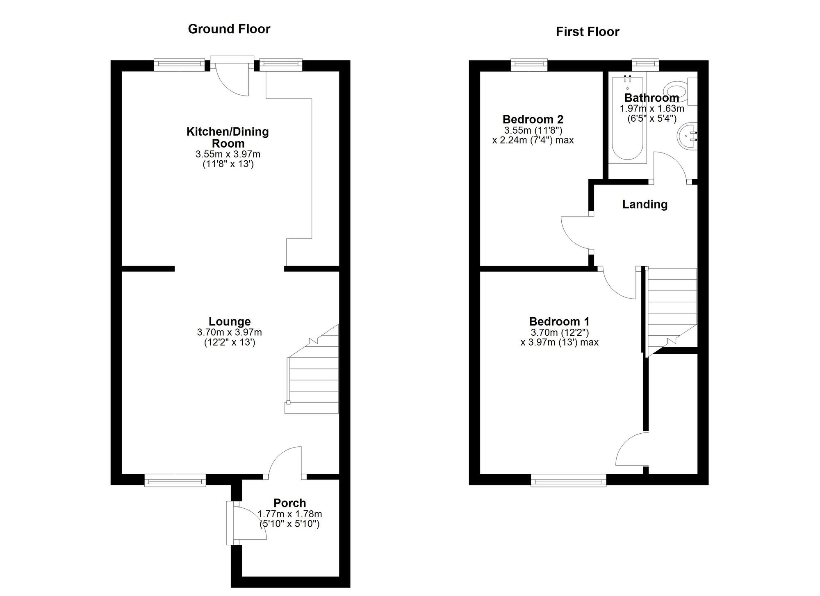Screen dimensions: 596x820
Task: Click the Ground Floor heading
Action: pos(229,29)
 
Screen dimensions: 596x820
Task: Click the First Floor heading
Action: pos(587,32)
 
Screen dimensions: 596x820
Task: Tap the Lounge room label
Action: pos(229,322)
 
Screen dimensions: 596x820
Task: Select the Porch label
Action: pos(289,503)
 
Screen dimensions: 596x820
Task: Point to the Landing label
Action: pos(645,204)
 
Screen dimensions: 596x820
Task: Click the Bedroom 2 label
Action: pos(533,119)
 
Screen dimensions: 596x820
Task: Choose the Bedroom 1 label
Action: pos(559,321)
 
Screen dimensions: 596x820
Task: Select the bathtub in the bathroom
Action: pos(627,119)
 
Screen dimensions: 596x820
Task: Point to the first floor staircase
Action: pos(672,307)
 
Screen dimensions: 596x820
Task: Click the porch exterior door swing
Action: pos(248,523)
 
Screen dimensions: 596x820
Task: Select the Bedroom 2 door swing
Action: pos(576,232)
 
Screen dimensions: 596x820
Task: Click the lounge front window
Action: pos(175,480)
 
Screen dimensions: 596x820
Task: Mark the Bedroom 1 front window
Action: pos(568,480)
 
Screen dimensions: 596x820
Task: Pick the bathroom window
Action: pos(645,65)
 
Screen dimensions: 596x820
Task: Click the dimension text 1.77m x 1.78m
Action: pos(289,514)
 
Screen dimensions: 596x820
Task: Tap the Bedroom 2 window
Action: pos(529,65)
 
